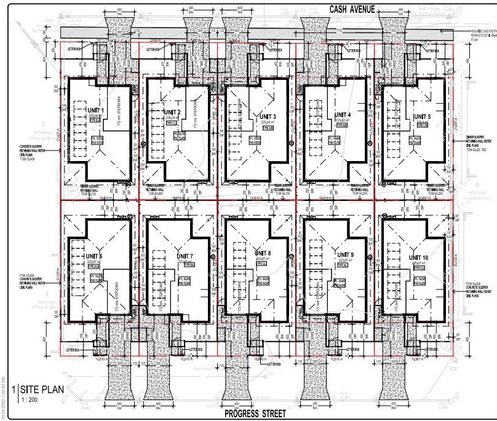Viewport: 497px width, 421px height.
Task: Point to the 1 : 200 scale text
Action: tap(28, 399)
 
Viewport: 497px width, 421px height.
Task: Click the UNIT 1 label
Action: tap(95, 110)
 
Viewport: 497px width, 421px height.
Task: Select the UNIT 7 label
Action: tap(185, 256)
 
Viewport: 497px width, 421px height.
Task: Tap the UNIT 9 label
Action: tap(345, 254)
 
